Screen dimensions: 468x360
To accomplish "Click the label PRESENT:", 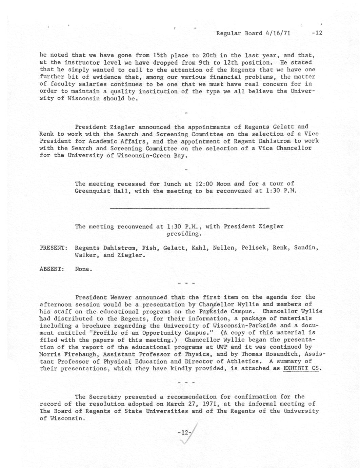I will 53,248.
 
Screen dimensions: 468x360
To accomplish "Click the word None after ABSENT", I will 83,269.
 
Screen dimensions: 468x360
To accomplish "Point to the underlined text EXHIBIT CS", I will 301,368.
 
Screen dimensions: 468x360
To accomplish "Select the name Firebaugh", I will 76,354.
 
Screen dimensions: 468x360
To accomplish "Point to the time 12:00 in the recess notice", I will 204,184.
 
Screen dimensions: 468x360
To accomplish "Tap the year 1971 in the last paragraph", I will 213,404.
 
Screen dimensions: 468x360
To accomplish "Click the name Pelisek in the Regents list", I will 254,248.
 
